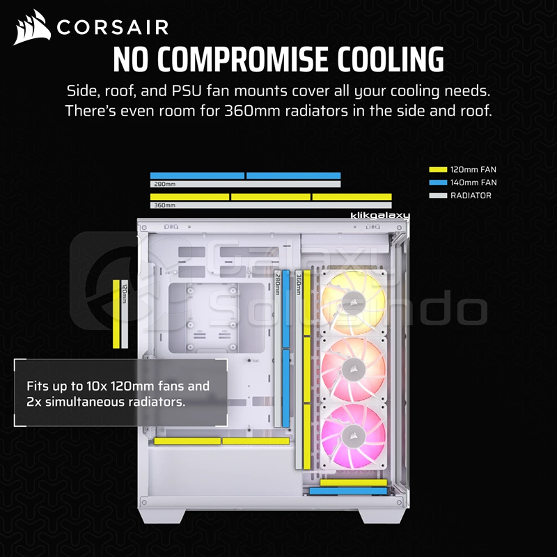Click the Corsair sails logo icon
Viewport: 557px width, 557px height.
pos(32,27)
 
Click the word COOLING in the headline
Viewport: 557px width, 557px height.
pos(391,59)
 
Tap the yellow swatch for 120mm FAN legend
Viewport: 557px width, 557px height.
pos(438,169)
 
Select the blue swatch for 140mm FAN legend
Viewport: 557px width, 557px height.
pos(438,182)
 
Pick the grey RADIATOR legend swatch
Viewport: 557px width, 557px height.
pos(438,196)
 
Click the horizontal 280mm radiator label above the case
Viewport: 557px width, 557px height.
pos(165,184)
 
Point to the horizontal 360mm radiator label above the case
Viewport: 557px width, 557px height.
pos(165,205)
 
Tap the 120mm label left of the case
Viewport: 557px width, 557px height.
pos(125,295)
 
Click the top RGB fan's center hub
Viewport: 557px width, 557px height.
pos(353,303)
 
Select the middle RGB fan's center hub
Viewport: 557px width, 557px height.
pos(353,370)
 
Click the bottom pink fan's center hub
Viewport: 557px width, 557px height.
pos(353,436)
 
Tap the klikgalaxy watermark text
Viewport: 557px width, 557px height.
pos(379,216)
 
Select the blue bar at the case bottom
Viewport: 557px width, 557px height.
pos(347,491)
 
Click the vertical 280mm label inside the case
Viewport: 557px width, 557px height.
pos(277,284)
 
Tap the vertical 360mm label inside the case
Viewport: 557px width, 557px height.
pos(299,284)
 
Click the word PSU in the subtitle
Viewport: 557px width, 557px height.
pos(187,91)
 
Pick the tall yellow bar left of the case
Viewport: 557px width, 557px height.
pos(116,314)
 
